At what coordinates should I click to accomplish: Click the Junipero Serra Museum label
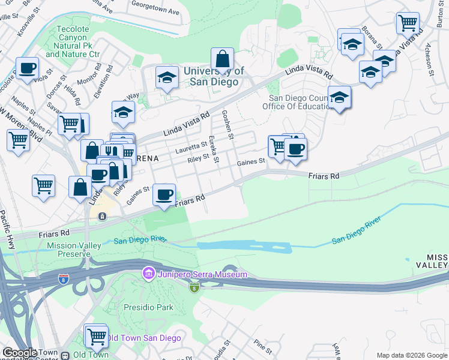point(203,275)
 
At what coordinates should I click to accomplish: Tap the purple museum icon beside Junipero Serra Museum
point(148,275)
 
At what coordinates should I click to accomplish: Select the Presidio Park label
point(153,307)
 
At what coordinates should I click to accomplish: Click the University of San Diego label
point(214,77)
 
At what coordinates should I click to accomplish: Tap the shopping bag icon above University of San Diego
point(222,59)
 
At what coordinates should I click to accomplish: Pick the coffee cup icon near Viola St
point(27,68)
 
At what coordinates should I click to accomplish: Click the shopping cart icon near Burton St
point(408,23)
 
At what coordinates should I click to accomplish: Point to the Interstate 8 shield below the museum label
point(194,289)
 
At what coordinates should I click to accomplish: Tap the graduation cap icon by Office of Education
point(339,97)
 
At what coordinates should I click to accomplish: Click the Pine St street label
point(264,346)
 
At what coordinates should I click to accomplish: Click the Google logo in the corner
point(20,353)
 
